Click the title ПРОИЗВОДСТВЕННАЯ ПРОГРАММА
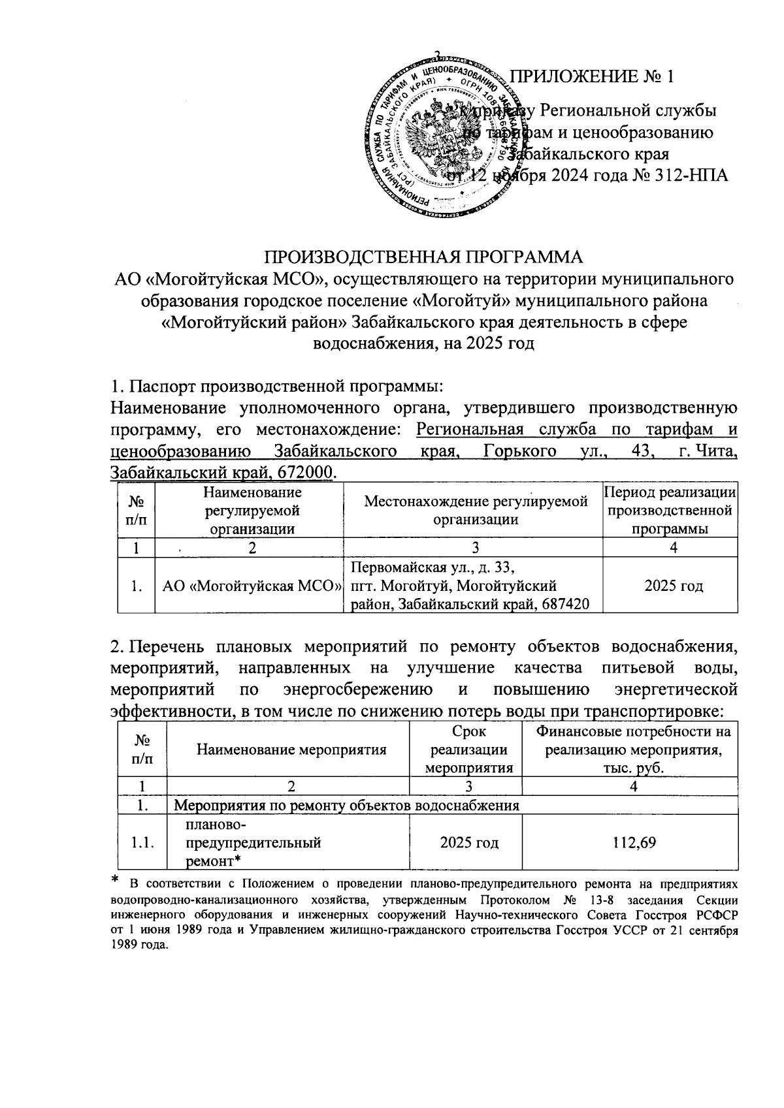423,256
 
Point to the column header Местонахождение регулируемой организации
476,511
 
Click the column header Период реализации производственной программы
671,511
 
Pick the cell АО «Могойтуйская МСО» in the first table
249,586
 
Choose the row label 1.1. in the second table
142,843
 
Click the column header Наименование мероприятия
291,750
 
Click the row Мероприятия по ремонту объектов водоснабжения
349,805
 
